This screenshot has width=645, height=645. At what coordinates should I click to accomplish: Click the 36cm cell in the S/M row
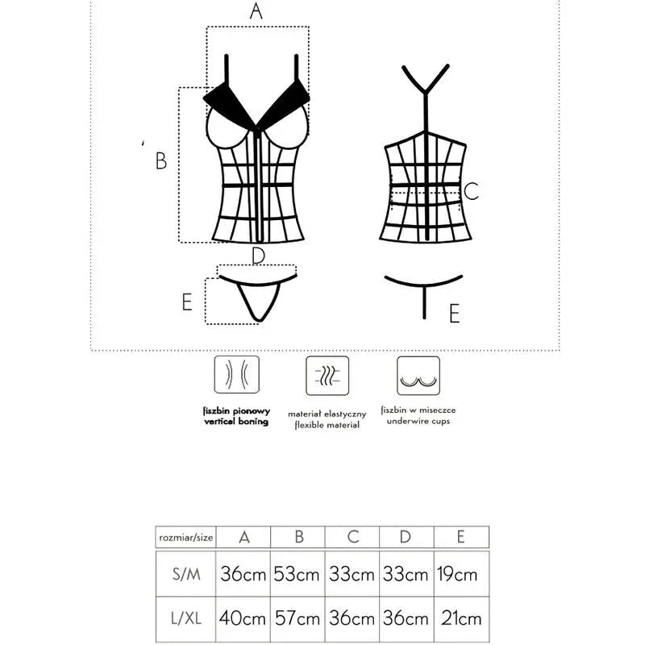click(x=243, y=574)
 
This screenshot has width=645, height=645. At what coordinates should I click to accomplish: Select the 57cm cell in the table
click(x=297, y=619)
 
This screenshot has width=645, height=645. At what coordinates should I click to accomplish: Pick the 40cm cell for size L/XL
click(x=243, y=619)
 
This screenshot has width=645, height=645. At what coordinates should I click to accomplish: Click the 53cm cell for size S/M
click(x=297, y=574)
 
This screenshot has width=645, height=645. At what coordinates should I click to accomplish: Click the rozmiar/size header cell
click(x=185, y=537)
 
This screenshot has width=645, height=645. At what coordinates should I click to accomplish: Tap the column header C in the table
click(x=352, y=537)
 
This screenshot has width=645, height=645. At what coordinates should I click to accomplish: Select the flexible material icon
click(x=327, y=376)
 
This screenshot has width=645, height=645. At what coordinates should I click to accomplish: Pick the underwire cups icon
click(x=418, y=376)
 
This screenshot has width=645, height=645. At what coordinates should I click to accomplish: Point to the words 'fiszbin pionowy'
click(x=235, y=410)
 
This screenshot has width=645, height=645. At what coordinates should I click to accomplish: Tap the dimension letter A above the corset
click(x=256, y=11)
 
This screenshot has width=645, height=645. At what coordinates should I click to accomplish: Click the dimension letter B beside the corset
click(x=161, y=161)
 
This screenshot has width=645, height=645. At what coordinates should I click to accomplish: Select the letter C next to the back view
click(x=472, y=191)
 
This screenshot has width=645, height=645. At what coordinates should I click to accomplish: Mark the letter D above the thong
click(x=258, y=256)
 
